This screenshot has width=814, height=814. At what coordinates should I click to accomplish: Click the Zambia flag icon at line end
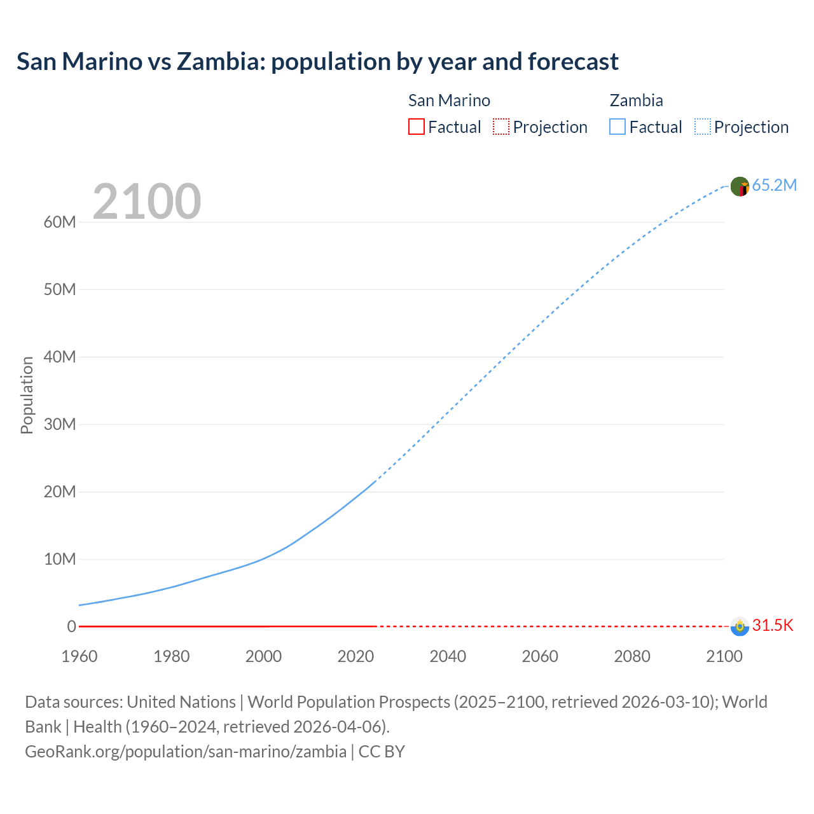click(x=740, y=186)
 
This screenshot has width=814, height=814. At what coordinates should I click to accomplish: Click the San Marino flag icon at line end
click(x=740, y=626)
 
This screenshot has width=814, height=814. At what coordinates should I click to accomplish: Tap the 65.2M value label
click(x=774, y=185)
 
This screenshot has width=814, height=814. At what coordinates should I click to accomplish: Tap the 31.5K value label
click(x=773, y=626)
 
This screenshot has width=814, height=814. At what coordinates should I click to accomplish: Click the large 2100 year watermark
click(x=147, y=202)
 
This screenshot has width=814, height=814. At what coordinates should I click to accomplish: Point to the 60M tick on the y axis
click(x=60, y=222)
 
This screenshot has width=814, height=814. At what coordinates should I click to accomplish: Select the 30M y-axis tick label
click(x=60, y=424)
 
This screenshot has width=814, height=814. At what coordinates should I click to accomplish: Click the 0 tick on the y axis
click(x=71, y=626)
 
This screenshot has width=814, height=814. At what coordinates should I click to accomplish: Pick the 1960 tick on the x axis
click(x=79, y=656)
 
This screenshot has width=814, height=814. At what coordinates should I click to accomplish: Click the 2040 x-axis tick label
click(x=448, y=656)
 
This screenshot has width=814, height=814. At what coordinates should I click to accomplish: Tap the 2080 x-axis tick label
click(x=632, y=656)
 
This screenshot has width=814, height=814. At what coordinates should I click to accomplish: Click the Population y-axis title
click(x=27, y=395)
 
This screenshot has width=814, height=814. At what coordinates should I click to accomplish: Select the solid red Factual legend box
click(x=416, y=127)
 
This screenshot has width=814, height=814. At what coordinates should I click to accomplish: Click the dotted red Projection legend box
click(x=501, y=127)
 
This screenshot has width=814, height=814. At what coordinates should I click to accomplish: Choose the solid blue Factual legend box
click(x=617, y=127)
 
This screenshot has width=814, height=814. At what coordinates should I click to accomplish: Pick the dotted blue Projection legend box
click(x=702, y=127)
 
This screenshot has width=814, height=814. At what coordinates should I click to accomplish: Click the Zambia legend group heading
click(x=636, y=100)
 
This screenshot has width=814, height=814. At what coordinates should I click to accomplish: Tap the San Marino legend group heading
click(x=449, y=100)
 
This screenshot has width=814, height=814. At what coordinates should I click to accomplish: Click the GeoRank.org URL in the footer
click(x=186, y=751)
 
